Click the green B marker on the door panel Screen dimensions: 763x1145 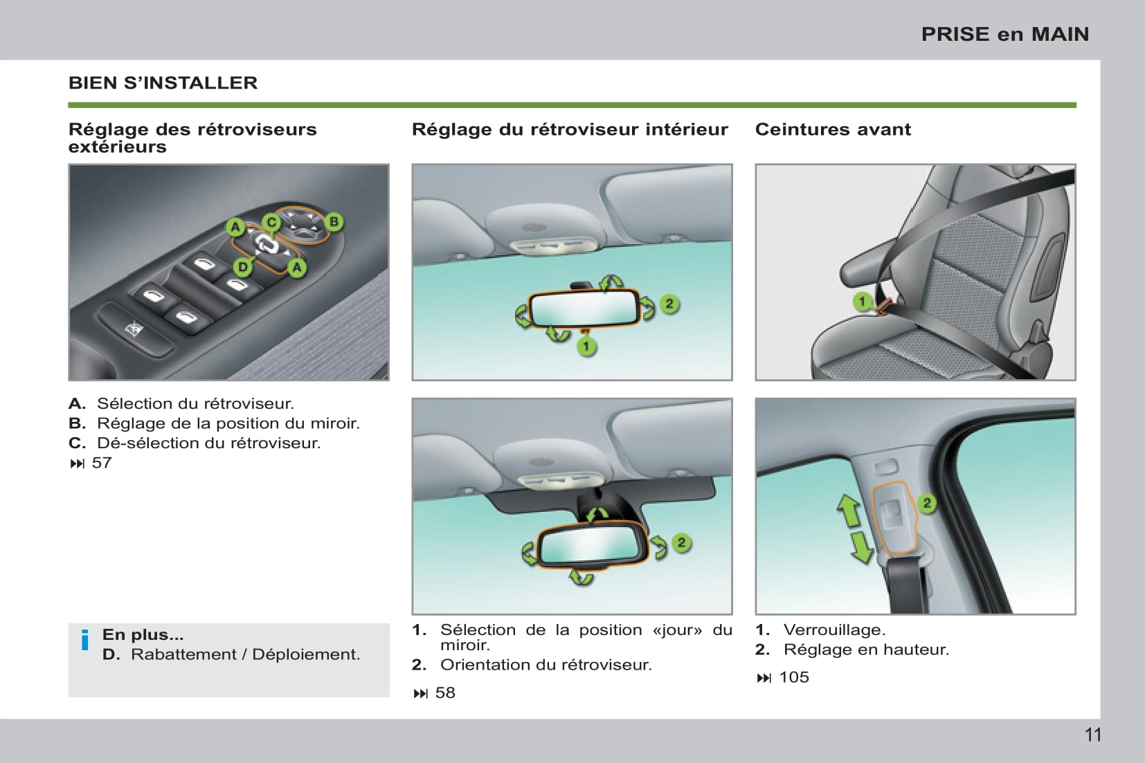334,221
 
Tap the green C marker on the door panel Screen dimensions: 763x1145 271,222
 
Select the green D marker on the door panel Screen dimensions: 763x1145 243,267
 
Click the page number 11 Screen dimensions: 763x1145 1093,735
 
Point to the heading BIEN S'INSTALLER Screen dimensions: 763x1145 163,83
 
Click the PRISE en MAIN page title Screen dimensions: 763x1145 1004,34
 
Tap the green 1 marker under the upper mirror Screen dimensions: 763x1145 586,346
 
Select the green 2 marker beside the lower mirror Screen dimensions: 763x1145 681,542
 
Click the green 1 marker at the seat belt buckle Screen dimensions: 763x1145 863,302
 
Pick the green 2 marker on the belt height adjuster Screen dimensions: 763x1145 926,503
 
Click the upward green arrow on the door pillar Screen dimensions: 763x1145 849,511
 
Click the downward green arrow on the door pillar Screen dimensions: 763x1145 861,546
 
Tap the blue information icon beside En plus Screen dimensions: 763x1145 85,641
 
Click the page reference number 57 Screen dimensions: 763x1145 102,463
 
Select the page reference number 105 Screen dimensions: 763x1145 794,677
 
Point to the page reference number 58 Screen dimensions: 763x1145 445,692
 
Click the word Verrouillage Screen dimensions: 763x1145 834,629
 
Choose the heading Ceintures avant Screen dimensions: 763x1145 833,129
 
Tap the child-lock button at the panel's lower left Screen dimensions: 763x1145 133,329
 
